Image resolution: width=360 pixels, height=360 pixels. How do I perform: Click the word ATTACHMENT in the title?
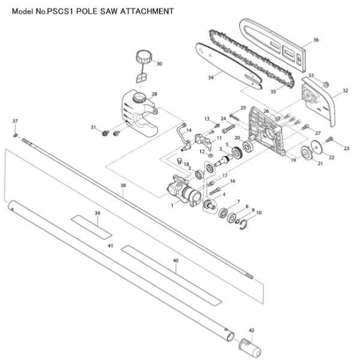pos(147,11)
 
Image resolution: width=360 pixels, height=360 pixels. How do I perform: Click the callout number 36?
pos(316,40)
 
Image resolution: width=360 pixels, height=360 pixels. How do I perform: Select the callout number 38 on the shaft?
pos(123,185)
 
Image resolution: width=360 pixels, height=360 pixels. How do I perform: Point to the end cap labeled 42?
pos(250,347)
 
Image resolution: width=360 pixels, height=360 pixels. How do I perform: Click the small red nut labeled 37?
pos(16,136)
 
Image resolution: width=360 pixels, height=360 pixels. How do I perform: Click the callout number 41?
pos(110,245)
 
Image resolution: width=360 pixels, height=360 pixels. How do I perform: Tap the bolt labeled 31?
pos(106,133)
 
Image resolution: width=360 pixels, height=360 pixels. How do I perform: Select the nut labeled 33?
pos(326,85)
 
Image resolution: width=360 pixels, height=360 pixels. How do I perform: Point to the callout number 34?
pos(211,77)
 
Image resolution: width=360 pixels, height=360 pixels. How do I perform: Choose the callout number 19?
pos(293,160)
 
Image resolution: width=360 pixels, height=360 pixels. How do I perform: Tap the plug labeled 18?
pos(180,161)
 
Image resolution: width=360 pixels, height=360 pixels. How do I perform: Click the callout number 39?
pos(98,213)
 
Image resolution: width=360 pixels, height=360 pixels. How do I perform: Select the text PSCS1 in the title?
pos(59,11)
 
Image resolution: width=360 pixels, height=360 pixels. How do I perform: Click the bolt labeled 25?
pos(235,117)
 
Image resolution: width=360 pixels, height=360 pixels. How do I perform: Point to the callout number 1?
pos(172,205)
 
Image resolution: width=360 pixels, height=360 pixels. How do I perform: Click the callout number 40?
pos(176,260)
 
